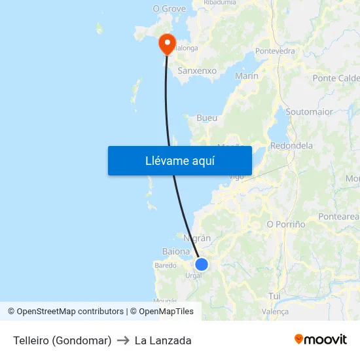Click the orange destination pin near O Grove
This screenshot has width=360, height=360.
tap(168, 43)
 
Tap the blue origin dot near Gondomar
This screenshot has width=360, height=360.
tap(202, 264)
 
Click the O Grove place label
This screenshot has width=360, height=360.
tap(169, 9)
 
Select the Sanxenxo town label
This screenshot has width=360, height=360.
tap(197, 70)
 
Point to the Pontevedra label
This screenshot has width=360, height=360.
tap(275, 50)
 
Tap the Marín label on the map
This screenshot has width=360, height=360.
tap(246, 76)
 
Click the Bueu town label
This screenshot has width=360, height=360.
tap(207, 118)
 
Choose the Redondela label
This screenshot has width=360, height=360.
tap(291, 145)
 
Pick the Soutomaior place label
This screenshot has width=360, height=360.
tap(309, 111)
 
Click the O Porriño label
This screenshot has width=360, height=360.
tap(286, 224)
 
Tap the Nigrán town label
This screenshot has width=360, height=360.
tap(197, 238)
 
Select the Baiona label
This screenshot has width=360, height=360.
tap(175, 251)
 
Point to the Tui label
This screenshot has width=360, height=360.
tap(274, 296)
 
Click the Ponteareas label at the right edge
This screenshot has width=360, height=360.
tap(338, 216)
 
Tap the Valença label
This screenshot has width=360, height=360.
tap(275, 312)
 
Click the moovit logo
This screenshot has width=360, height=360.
tap(321, 340)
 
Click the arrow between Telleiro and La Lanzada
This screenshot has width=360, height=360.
tap(123, 340)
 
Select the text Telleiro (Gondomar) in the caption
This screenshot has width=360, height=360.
tap(62, 340)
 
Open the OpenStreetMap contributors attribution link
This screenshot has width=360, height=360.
tap(70, 312)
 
